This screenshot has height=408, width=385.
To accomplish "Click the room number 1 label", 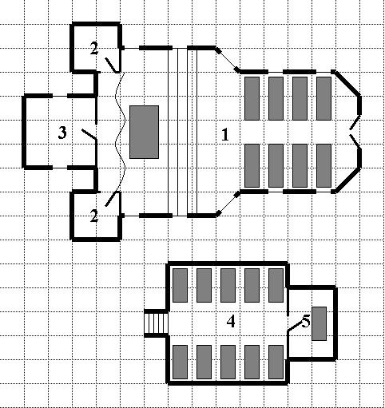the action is coord(225,134).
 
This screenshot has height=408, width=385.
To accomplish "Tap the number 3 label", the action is coord(62,133).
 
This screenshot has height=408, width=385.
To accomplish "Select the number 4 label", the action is coord(231,321).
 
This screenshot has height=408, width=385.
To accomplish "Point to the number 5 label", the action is coord(306,321).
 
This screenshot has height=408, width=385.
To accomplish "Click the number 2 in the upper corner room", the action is coord(94,49).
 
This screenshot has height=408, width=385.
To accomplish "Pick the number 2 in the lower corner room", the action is coord(94,216).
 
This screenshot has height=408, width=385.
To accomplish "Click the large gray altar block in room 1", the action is coord(144,132).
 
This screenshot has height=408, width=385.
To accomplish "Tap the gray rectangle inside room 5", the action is coord(319,323).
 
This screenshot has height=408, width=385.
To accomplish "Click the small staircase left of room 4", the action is coord(156,323).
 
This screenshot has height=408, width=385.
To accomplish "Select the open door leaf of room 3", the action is coord(89,134).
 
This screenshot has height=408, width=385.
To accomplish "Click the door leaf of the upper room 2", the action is coord(112,65).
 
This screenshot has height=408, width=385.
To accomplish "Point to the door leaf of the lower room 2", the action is coord(112,199).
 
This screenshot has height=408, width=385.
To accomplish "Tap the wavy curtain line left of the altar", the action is coord(120,132).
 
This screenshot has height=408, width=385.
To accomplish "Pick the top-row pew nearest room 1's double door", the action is coord(323,98).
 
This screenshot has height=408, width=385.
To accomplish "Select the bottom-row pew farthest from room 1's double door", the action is coord(252,165).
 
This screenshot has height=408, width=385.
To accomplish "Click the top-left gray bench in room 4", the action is coord(180,285).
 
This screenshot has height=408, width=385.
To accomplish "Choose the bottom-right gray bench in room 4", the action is coord(276,362).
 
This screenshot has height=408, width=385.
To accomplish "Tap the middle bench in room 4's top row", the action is coord(228,285).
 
